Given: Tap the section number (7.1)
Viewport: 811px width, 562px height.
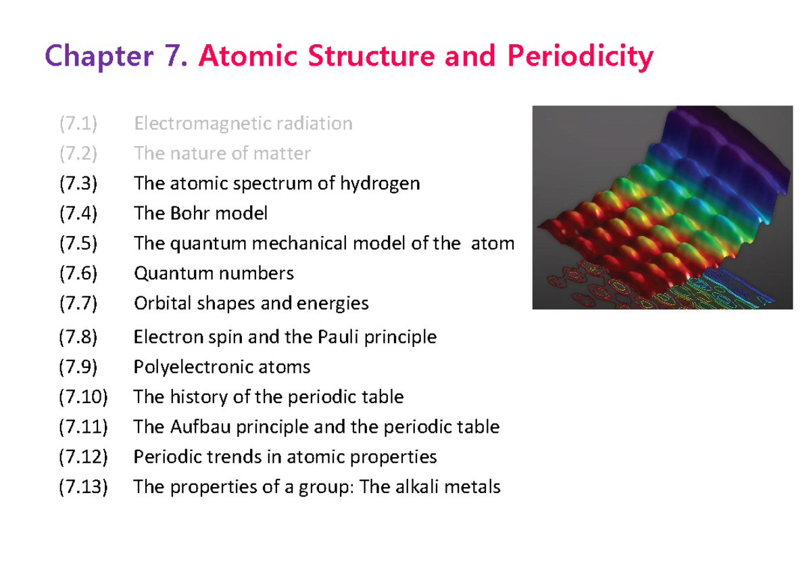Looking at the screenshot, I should pyautogui.click(x=78, y=124).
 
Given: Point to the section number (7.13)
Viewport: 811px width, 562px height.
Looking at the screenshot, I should pyautogui.click(x=82, y=487).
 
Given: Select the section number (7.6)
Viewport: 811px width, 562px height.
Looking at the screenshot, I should pyautogui.click(x=78, y=273).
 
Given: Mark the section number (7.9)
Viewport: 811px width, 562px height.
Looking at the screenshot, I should pyautogui.click(x=78, y=367).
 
